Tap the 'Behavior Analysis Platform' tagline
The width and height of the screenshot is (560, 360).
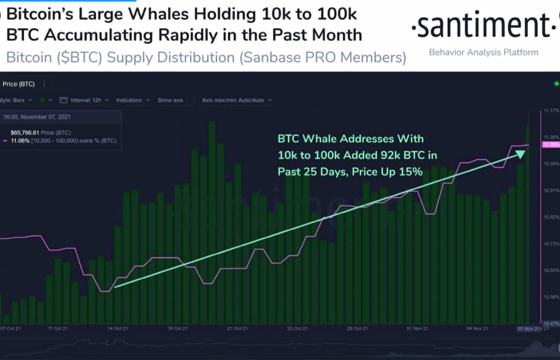(483, 52)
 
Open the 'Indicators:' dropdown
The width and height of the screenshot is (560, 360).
(133, 100)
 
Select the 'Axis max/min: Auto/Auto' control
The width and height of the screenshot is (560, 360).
(237, 100)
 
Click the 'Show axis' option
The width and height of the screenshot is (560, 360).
(170, 100)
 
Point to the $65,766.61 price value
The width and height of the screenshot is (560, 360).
(25, 133)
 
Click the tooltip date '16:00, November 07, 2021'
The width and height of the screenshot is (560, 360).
(37, 117)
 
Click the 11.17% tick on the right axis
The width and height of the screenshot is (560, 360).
(551, 111)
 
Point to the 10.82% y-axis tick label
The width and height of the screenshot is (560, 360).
(551, 217)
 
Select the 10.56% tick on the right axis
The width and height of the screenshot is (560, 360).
(551, 297)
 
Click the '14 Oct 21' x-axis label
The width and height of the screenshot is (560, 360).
(115, 328)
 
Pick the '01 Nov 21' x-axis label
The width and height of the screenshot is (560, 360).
(418, 328)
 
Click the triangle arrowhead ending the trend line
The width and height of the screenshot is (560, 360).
(519, 154)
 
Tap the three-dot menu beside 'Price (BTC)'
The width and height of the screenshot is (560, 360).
(44, 84)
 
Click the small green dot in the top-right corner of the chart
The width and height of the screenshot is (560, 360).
(556, 84)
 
